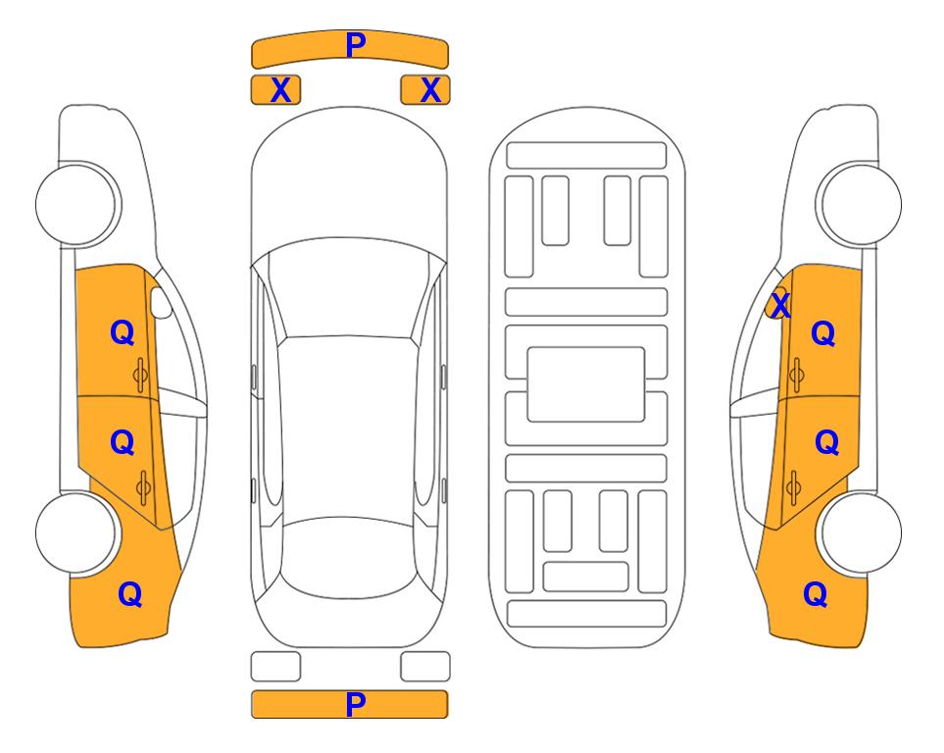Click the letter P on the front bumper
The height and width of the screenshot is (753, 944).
pyautogui.click(x=356, y=45)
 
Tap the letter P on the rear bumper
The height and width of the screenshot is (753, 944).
pyautogui.click(x=356, y=704)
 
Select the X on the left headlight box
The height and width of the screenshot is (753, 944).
pyautogui.click(x=281, y=90)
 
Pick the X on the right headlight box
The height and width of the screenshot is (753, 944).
pyautogui.click(x=430, y=90)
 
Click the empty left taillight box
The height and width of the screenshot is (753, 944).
pyautogui.click(x=275, y=667)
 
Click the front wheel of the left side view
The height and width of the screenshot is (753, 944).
pyautogui.click(x=75, y=204)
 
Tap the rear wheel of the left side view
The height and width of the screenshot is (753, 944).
pyautogui.click(x=75, y=532)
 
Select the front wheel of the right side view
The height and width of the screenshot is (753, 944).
pyautogui.click(x=862, y=204)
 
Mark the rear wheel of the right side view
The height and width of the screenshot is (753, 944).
pyautogui.click(x=862, y=532)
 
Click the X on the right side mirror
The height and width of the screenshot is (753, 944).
pyautogui.click(x=780, y=305)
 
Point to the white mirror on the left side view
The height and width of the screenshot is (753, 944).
pyautogui.click(x=161, y=302)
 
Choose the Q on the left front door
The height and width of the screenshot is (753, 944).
pyautogui.click(x=123, y=332)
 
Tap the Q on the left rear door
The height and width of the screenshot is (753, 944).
pyautogui.click(x=123, y=443)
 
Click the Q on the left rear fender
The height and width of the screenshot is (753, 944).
pyautogui.click(x=130, y=594)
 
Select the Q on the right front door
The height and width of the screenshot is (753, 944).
pyautogui.click(x=823, y=333)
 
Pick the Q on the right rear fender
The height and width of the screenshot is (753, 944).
pyautogui.click(x=816, y=594)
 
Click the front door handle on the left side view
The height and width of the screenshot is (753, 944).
pyautogui.click(x=140, y=376)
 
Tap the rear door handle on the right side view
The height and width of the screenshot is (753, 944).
pyautogui.click(x=794, y=488)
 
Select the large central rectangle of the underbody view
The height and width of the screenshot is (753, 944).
pyautogui.click(x=586, y=384)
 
